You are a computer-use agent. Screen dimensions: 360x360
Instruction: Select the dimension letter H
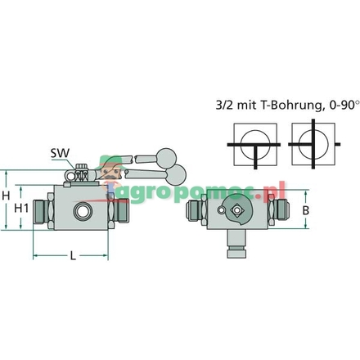pyautogui.click(x=6, y=197)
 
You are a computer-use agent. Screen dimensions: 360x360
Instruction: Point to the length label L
pyautogui.click(x=72, y=255)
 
